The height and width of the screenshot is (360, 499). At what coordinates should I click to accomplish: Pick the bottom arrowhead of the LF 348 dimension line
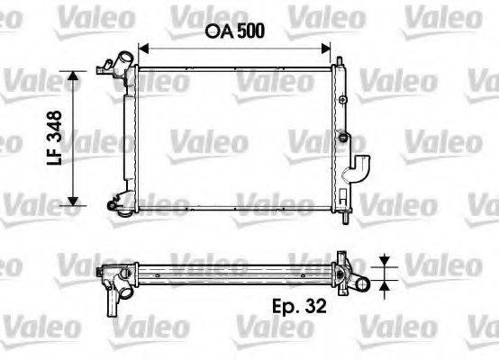[x=74, y=202]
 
